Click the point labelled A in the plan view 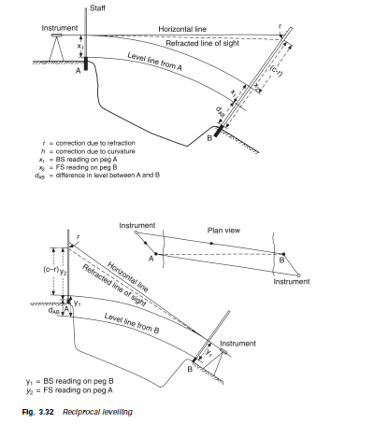(x=156, y=254)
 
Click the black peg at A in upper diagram (x=86, y=65)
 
